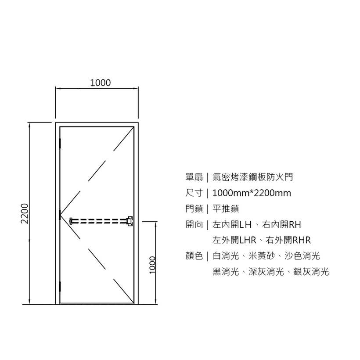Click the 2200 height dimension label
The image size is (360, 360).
(25, 213)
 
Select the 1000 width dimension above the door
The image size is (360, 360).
(100, 83)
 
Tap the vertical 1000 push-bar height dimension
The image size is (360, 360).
(152, 264)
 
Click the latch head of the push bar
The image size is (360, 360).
(130, 220)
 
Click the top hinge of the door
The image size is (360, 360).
(60, 144)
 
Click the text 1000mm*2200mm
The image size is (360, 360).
(252, 193)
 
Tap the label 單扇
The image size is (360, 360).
(194, 177)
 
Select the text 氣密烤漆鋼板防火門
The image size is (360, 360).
(252, 177)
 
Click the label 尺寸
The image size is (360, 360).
(194, 193)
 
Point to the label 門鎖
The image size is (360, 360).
(194, 209)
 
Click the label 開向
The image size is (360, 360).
(194, 225)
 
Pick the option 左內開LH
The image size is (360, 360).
(232, 225)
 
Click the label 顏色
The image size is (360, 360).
(194, 256)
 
